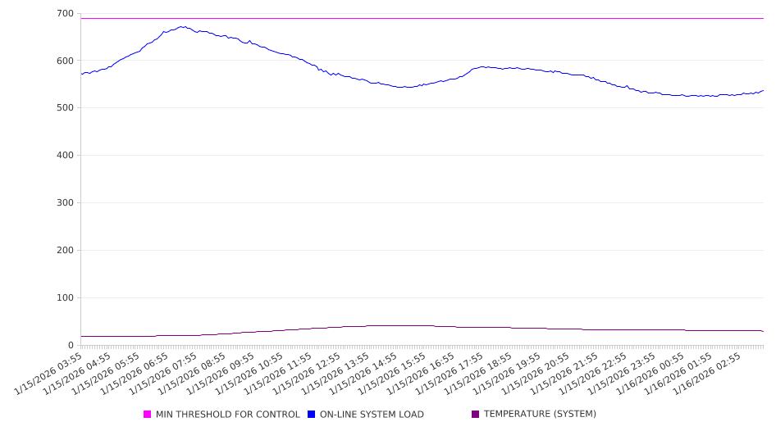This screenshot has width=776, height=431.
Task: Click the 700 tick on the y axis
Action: pos(65,14)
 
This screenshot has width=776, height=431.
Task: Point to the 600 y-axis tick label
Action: pos(65,61)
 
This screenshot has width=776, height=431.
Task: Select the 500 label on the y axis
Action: pos(65,108)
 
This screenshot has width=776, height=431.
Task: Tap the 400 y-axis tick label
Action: pos(65,156)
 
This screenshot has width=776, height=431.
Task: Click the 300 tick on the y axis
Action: pos(65,203)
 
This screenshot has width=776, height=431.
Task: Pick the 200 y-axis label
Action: pos(65,251)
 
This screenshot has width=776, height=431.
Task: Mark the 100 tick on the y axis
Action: pos(65,298)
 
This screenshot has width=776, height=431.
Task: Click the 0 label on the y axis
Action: pos(71,346)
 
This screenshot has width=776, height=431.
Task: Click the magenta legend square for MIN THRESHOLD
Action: pos(148,415)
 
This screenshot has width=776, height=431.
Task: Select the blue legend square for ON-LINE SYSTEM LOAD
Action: pos(312,415)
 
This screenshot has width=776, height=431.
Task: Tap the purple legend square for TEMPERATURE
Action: pos(476,415)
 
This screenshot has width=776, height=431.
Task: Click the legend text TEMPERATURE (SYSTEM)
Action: pos(540,415)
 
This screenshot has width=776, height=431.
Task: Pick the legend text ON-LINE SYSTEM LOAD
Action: pos(372,415)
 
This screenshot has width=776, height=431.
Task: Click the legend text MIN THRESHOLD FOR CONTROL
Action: pos(228,415)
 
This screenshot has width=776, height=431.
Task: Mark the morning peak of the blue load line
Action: pos(182,26)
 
